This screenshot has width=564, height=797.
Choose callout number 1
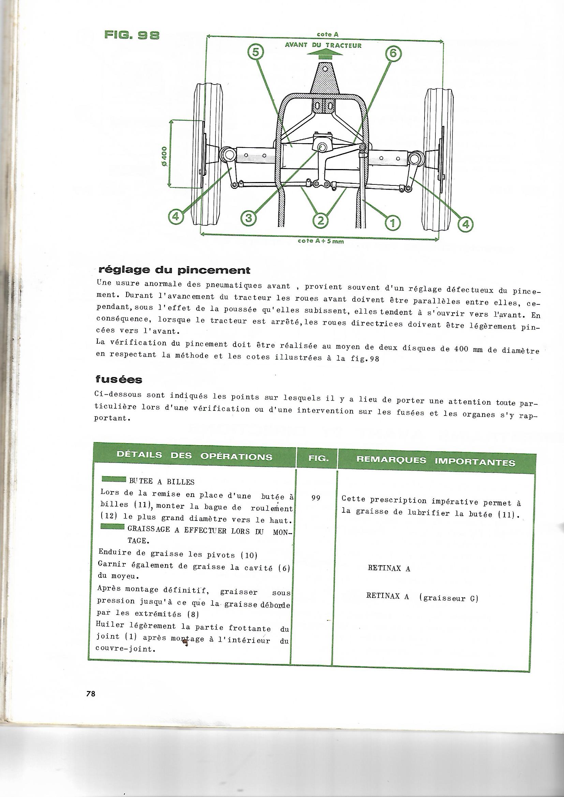[x=392, y=223]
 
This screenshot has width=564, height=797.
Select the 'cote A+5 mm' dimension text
[x=321, y=241]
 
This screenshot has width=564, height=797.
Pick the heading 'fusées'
[x=119, y=379]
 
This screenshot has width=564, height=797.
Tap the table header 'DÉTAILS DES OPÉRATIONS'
[x=194, y=456]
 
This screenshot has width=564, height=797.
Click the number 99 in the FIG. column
[x=316, y=498]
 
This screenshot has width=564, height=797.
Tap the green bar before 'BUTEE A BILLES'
[x=114, y=480]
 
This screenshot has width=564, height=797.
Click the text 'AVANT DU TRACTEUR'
[x=323, y=45]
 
